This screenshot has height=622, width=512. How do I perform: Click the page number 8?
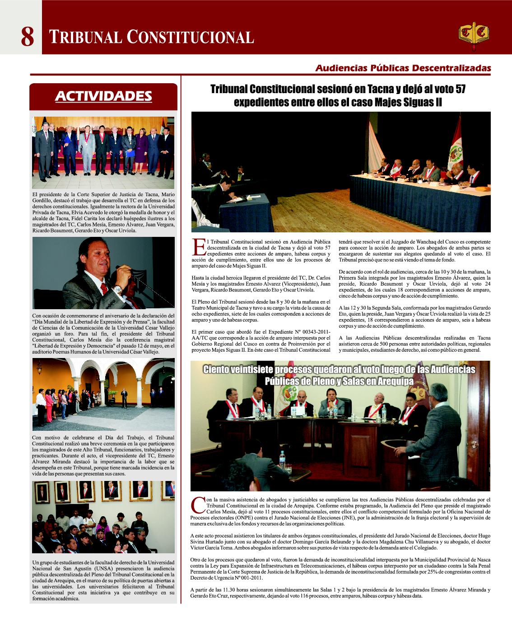[27, 36]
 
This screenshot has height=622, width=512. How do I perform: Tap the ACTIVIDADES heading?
[103, 96]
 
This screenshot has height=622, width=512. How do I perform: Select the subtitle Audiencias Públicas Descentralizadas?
[403, 68]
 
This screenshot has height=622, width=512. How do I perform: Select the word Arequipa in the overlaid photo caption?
[393, 382]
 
